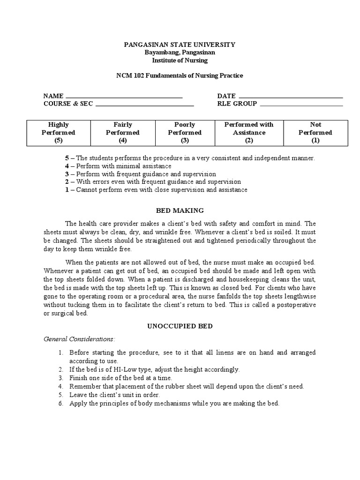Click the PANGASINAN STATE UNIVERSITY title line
tap(180, 45)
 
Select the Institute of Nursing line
tap(180, 60)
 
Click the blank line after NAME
tap(124, 97)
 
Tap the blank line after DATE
tap(291, 97)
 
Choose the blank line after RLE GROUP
tap(301, 105)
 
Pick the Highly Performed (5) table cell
tap(58, 133)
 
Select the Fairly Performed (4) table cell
tap(123, 133)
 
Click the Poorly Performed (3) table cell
tap(185, 133)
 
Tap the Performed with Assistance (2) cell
tap(249, 133)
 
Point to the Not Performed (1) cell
tap(315, 133)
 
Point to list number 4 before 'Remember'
tap(60, 386)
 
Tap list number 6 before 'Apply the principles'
tap(60, 403)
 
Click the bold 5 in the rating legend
tap(67, 158)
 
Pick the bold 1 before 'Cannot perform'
tap(67, 190)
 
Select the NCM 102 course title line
tap(180, 75)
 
